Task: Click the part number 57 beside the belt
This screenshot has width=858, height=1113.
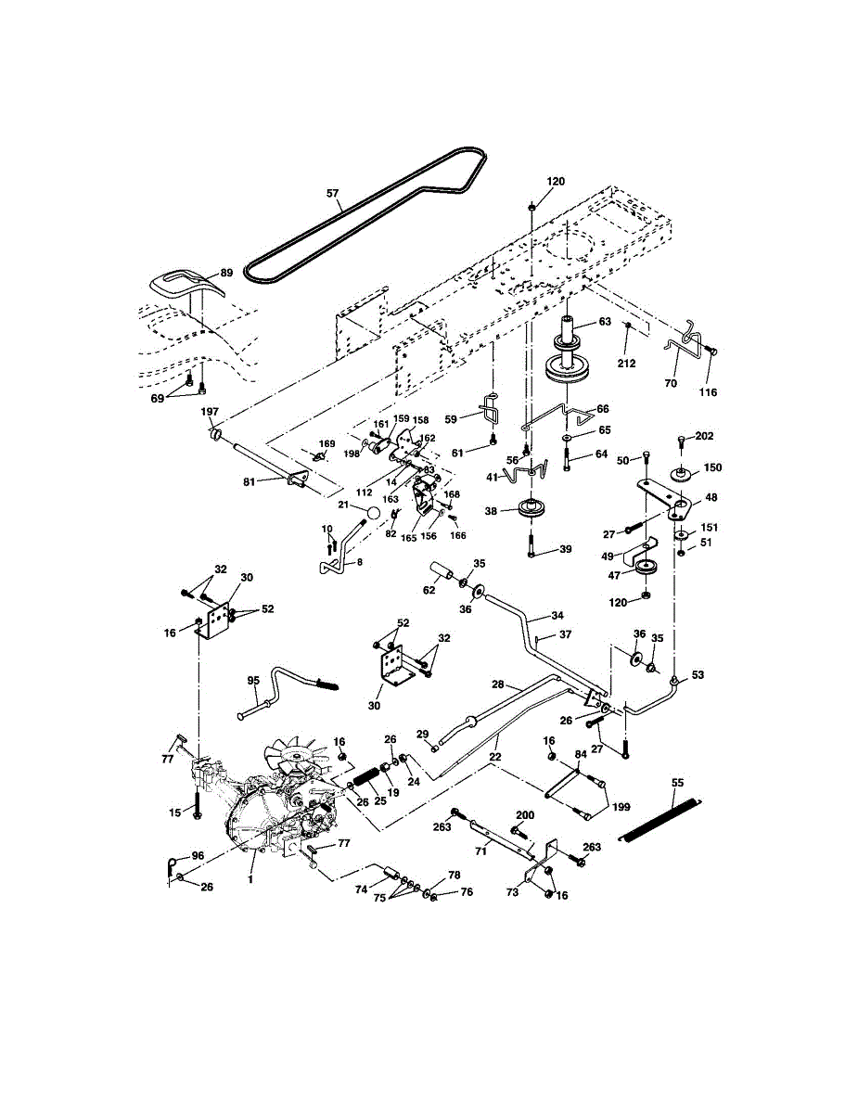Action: click(332, 193)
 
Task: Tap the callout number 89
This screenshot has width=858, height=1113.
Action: click(226, 273)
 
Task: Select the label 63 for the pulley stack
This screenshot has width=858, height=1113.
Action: click(605, 321)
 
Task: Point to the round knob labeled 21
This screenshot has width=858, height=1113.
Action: click(375, 512)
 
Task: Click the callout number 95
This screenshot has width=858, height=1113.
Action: click(253, 680)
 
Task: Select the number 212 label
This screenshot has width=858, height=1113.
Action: click(626, 364)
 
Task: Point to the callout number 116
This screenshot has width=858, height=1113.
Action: click(708, 392)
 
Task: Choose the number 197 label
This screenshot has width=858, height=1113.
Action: click(210, 411)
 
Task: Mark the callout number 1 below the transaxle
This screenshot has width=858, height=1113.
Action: click(250, 879)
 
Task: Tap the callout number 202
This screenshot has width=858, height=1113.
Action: click(704, 436)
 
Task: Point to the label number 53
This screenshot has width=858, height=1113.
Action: click(698, 675)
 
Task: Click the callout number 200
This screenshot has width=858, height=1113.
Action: click(525, 815)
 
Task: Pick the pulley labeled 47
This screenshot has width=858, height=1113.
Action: click(647, 568)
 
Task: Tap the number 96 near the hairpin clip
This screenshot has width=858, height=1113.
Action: click(198, 855)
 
